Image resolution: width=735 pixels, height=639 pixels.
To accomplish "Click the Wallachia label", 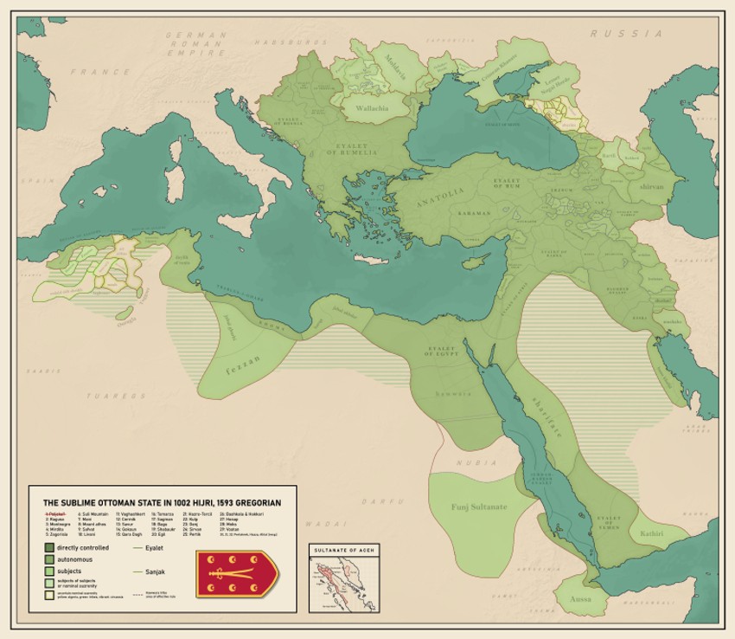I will click(x=366, y=108).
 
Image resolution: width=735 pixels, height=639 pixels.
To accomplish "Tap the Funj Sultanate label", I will click(x=478, y=506).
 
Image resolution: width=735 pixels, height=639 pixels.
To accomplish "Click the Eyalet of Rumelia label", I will click(x=352, y=149).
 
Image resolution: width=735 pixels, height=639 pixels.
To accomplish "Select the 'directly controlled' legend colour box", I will click(x=49, y=548).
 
